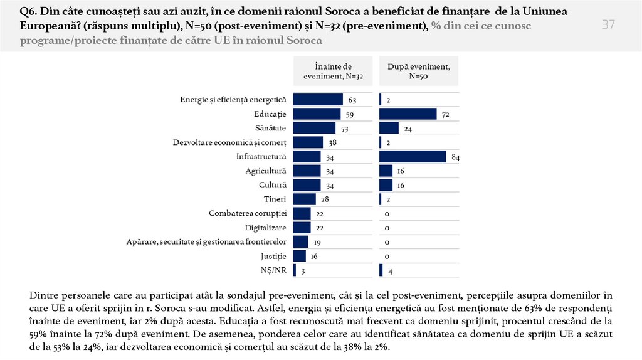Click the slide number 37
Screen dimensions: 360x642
tap(608, 25)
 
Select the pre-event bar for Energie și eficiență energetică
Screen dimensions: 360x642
tap(318, 99)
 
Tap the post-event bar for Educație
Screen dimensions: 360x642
tap(408, 114)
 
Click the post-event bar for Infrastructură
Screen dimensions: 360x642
tap(413, 156)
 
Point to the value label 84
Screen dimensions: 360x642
tap(455, 157)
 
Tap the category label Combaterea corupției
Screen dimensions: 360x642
tap(248, 213)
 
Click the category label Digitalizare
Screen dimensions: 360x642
tap(266, 228)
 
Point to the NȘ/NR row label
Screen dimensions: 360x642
tap(274, 270)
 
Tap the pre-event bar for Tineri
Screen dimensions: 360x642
tap(305, 199)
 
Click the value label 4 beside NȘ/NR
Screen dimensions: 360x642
tap(390, 272)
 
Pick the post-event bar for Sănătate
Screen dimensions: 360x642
tap(389, 128)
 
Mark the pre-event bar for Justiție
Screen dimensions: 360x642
tap(300, 256)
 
